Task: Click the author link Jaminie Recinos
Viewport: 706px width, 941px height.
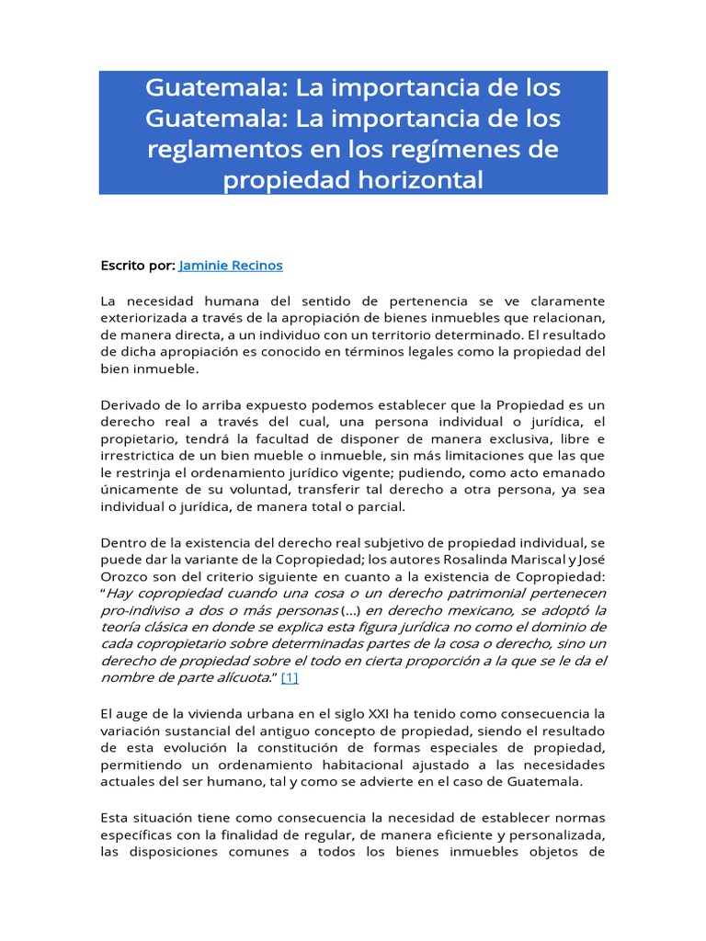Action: (231, 266)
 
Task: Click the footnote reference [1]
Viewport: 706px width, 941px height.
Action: (290, 678)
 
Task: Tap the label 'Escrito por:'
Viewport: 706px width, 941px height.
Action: (137, 266)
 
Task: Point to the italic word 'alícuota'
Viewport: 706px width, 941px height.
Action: (238, 678)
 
